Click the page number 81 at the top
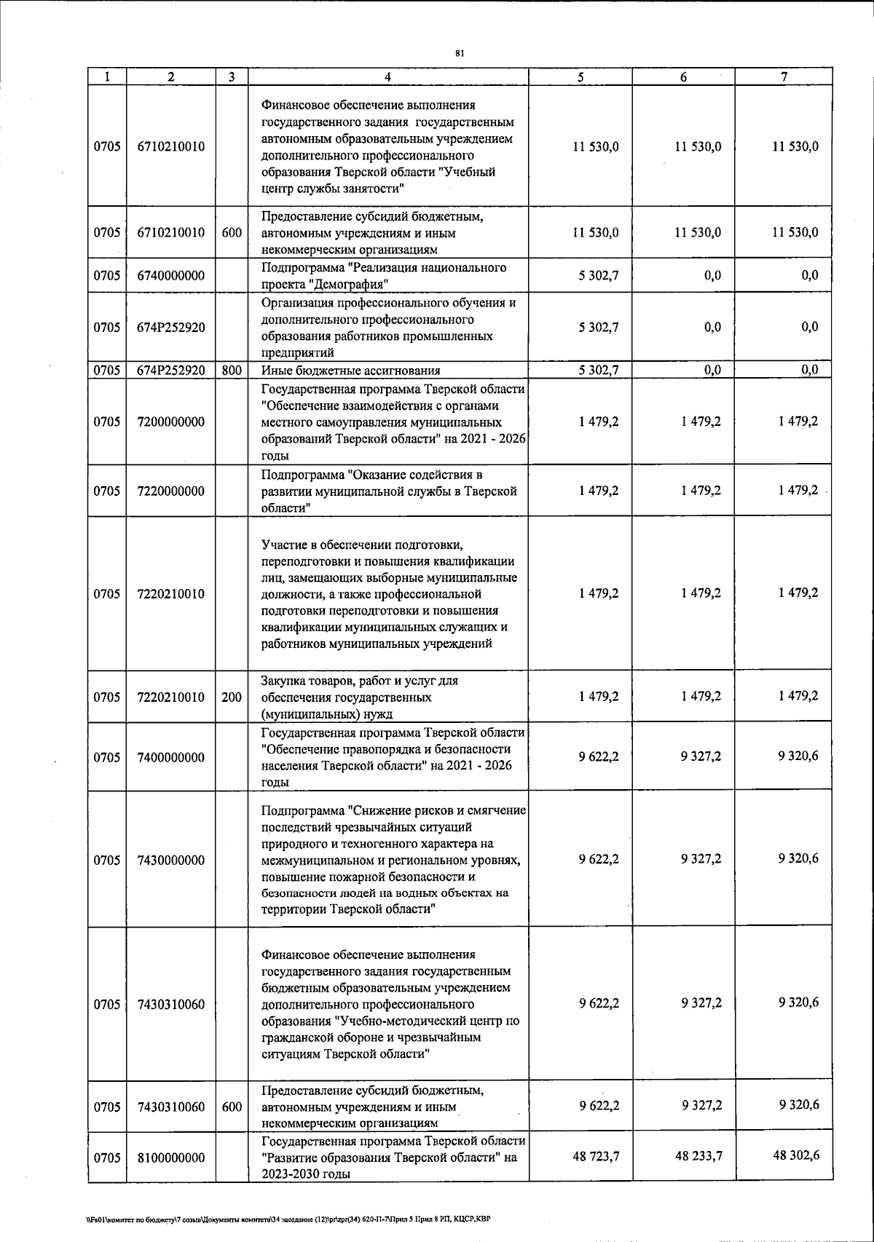[459, 53]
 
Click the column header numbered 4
[387, 76]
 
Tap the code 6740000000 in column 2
[170, 276]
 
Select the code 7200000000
[170, 422]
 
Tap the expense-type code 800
[232, 370]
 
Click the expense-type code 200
[232, 697]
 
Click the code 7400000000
[170, 758]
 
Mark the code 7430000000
[170, 860]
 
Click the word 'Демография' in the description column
[353, 284]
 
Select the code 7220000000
[170, 491]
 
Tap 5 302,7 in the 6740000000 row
[599, 276]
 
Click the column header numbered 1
[106, 76]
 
